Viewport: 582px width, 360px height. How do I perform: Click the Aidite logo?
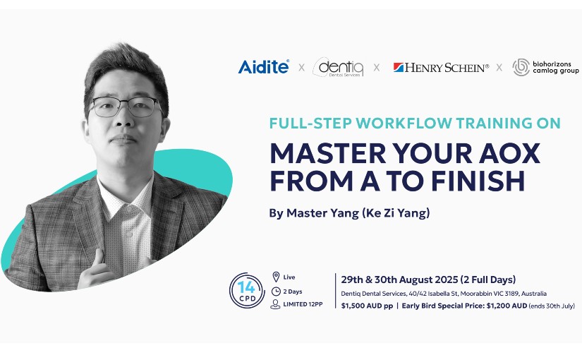[x=264, y=67]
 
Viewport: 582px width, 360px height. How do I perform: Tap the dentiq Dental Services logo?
[x=338, y=67]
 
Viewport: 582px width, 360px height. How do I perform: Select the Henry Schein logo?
[x=441, y=68]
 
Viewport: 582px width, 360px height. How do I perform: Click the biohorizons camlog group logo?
[x=545, y=67]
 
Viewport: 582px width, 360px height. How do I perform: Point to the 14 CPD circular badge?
[x=247, y=291]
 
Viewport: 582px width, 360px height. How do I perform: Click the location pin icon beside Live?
[x=276, y=277]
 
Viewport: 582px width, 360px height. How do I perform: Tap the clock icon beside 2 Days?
[x=276, y=292]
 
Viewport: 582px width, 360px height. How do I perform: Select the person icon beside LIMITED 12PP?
[x=275, y=304]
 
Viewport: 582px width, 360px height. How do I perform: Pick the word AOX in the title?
[x=509, y=152]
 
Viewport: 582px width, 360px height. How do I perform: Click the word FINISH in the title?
[x=478, y=180]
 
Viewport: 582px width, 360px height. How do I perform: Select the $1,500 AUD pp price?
[x=367, y=306]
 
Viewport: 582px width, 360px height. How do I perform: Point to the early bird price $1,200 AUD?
[x=507, y=306]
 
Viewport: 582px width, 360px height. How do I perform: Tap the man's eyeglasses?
[x=125, y=107]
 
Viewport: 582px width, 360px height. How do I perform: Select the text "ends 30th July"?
[x=552, y=306]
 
